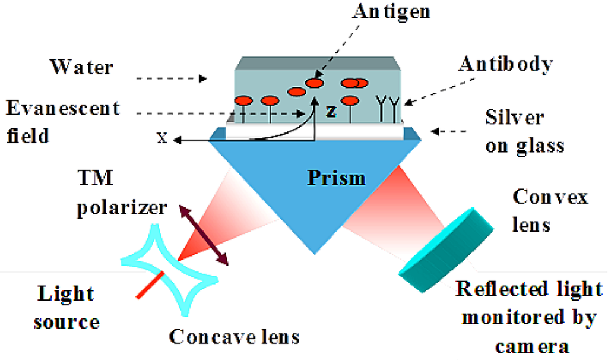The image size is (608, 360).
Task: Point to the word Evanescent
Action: [62, 109]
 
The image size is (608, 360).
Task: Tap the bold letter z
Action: [331, 111]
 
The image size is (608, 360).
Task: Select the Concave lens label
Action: [234, 337]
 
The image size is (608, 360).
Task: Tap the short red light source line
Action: [148, 285]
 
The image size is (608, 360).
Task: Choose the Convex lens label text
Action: [550, 210]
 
